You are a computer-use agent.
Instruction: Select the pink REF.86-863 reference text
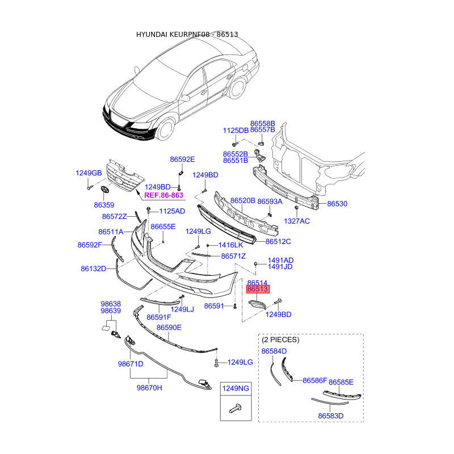164,195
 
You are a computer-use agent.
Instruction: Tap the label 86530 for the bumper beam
337,204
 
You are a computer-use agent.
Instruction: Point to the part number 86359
104,204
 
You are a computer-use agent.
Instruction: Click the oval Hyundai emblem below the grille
104,190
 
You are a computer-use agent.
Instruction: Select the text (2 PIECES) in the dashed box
280,339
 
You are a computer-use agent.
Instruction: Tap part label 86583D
331,416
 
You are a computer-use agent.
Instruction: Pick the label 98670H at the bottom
149,388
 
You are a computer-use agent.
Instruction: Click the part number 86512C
278,241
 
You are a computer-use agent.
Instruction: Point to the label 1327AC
297,221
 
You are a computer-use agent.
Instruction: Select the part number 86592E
182,159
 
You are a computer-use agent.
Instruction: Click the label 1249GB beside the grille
89,173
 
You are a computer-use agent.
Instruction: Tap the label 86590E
169,327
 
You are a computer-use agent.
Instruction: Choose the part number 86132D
94,268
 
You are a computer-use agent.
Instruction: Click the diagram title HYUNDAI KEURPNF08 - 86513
187,35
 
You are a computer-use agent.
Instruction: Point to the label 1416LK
230,245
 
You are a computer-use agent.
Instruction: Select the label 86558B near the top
263,123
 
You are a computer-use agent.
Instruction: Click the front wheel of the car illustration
165,128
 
